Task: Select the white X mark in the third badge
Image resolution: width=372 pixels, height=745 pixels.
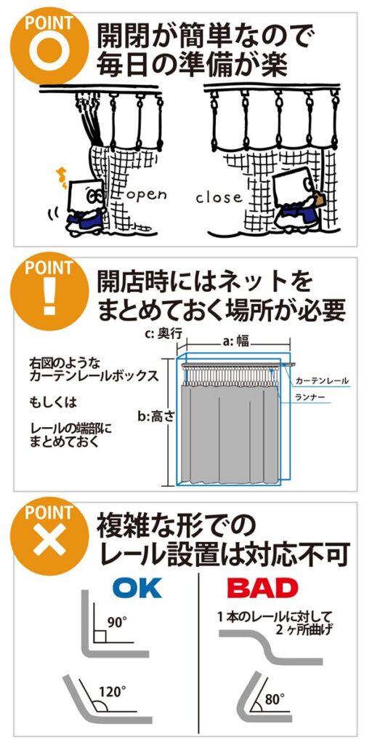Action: pyautogui.click(x=49, y=541)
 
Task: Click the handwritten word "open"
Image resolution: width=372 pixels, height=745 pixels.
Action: pyautogui.click(x=146, y=195)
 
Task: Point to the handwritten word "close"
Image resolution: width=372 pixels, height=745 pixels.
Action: pyautogui.click(x=219, y=196)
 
